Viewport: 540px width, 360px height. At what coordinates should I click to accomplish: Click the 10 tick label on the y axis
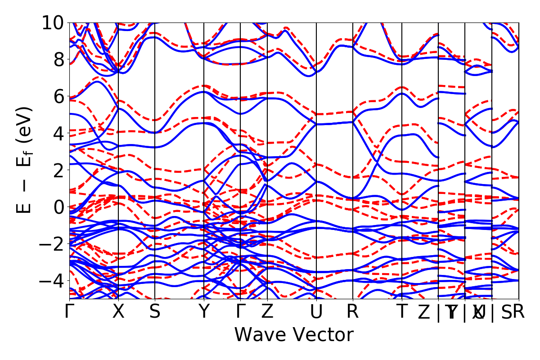click(x=53, y=22)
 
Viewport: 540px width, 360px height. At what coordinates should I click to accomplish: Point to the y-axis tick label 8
click(x=58, y=59)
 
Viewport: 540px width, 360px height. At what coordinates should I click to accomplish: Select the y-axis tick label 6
click(x=58, y=96)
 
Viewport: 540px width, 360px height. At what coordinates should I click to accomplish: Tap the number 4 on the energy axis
click(x=58, y=133)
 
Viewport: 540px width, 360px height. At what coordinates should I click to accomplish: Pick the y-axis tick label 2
click(x=58, y=170)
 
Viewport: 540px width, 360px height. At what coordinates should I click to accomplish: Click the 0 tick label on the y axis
click(x=58, y=207)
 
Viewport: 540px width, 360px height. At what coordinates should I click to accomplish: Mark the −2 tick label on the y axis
click(x=53, y=244)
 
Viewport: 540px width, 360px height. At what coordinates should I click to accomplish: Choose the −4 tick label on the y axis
click(x=53, y=281)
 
